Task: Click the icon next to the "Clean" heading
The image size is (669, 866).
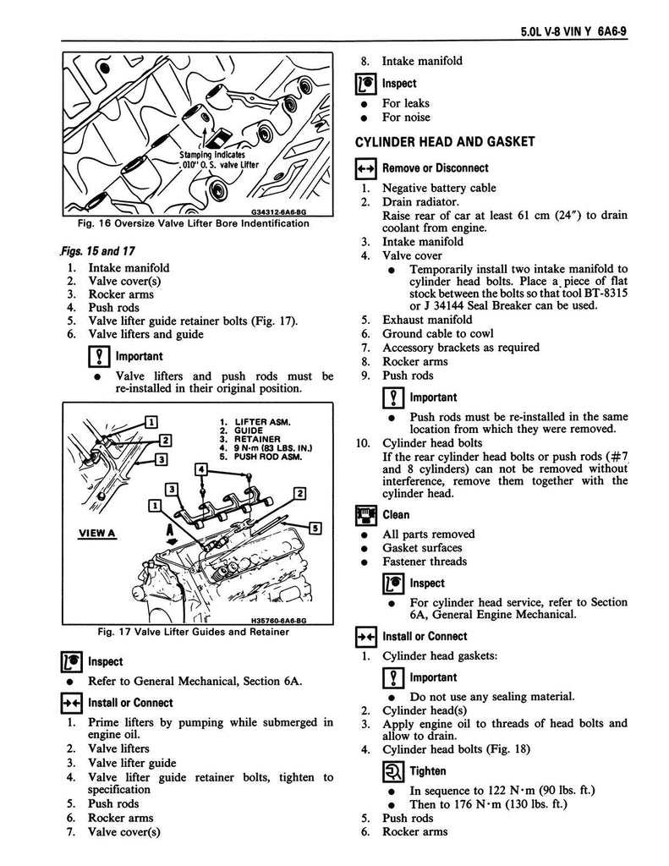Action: click(365, 514)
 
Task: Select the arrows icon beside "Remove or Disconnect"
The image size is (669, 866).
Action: click(365, 168)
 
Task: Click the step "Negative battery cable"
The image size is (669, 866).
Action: click(439, 189)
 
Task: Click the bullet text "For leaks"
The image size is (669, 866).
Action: click(406, 103)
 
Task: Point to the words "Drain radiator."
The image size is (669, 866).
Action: click(421, 202)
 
